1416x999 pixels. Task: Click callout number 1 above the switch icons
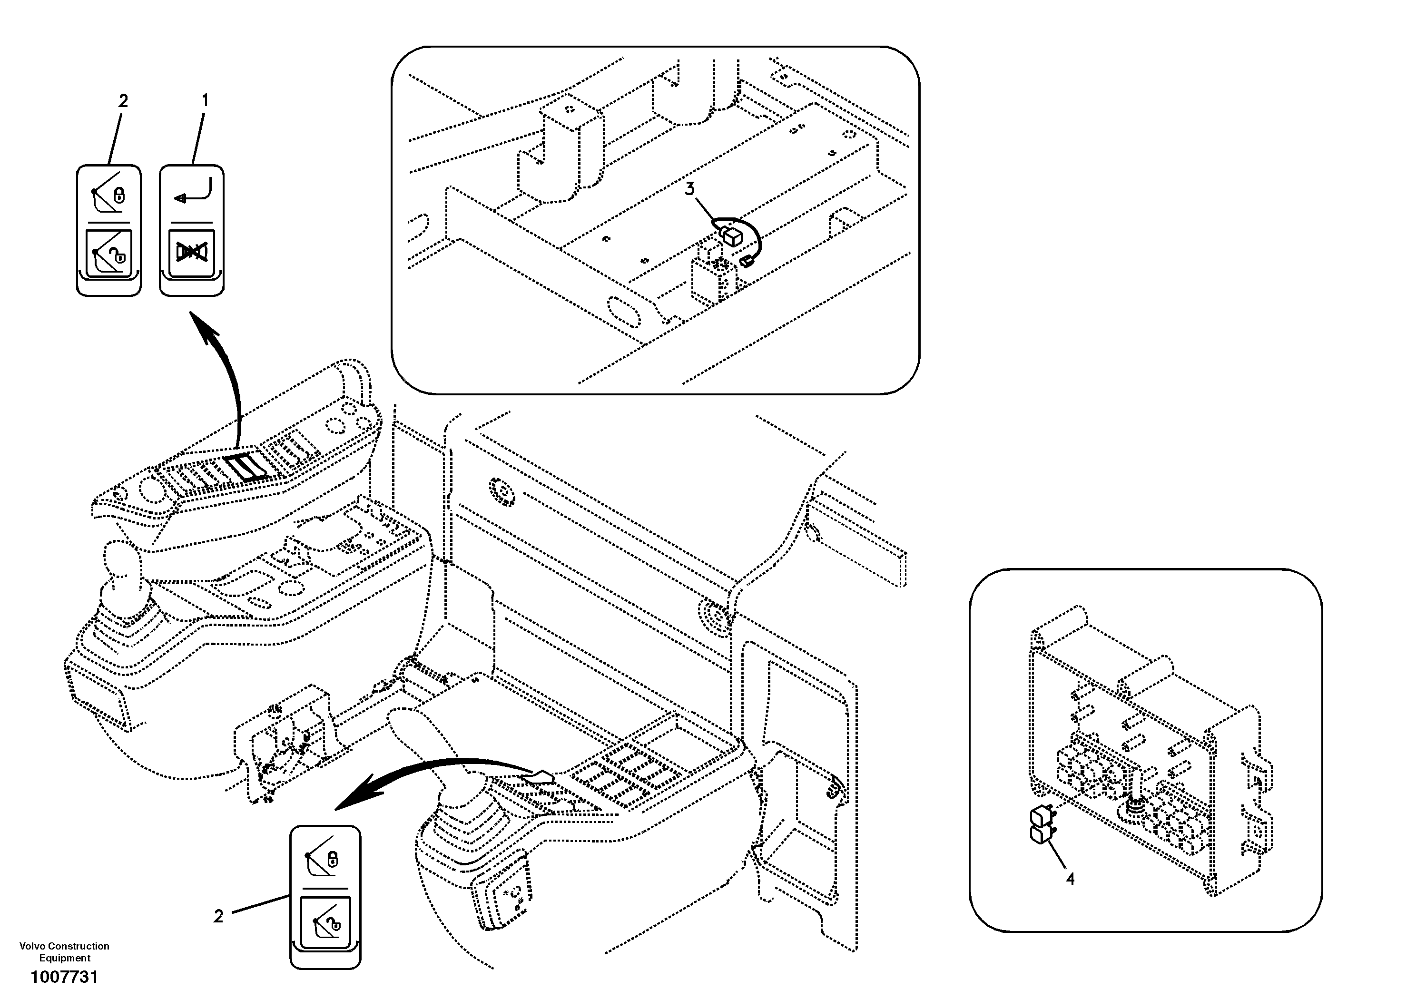(x=206, y=100)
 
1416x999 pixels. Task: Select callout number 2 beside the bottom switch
(x=218, y=916)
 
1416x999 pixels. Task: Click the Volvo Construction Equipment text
(x=64, y=951)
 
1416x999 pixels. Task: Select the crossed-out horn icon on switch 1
(x=192, y=252)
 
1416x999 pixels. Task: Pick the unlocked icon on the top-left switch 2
(x=108, y=253)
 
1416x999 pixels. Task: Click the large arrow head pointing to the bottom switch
(x=354, y=797)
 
